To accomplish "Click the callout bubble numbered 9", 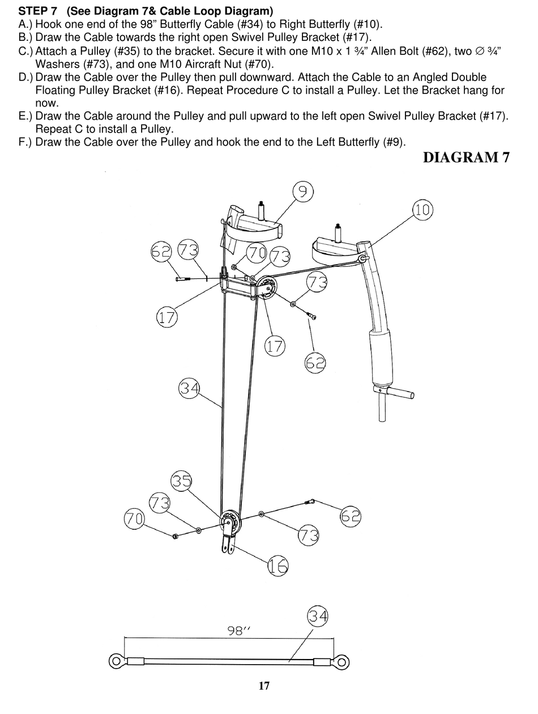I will pos(303,193).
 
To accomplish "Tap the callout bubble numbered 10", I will pos(422,210).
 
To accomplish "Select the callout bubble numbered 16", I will pos(278,566).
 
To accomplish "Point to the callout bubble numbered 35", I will pos(182,481).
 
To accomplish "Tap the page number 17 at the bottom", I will pos(264,686).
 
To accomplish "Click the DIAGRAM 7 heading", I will pos(466,157).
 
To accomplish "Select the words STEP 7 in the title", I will pos(38,11).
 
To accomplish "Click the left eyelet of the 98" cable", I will pos(116,661).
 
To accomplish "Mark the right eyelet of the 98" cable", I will pos(341,661).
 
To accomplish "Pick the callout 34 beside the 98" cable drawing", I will pos(318,617).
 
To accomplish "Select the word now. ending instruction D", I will pos(47,103).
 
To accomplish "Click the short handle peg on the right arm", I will pos(402,393).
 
